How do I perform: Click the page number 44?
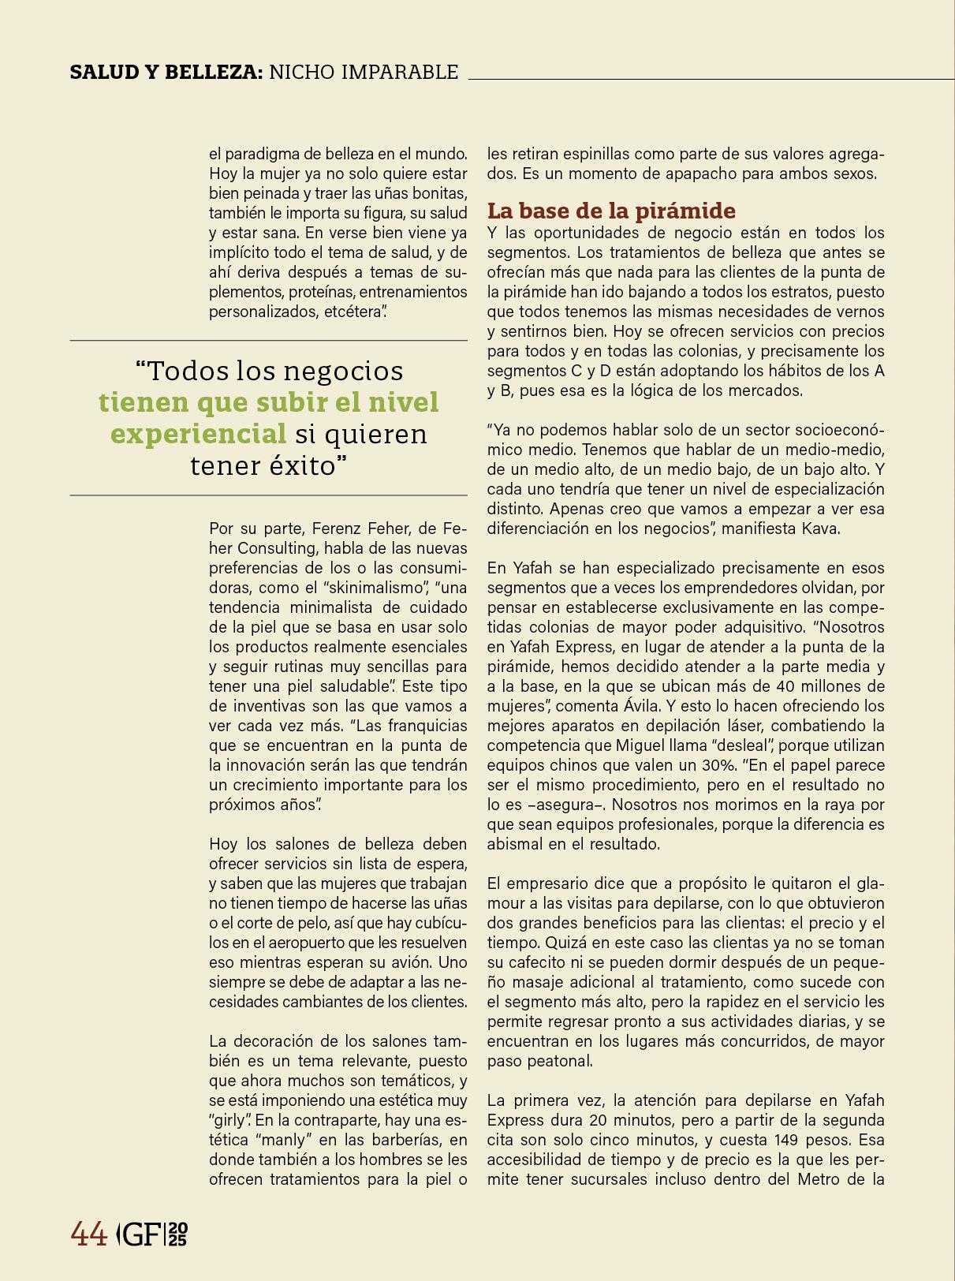click(x=89, y=1234)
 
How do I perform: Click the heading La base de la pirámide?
click(x=611, y=211)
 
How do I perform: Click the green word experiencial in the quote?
click(x=198, y=434)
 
